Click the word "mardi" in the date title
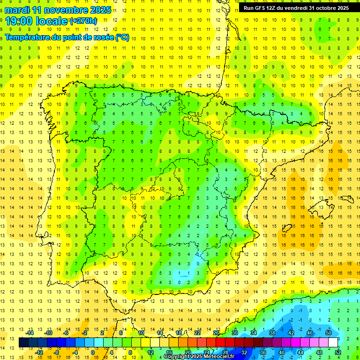tap(17, 10)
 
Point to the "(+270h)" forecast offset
tap(83, 21)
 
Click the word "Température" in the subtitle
tap(27, 37)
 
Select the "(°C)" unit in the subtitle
tap(122, 37)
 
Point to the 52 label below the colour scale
tap(338, 352)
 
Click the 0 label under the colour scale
tap(93, 352)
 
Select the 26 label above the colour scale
tap(216, 333)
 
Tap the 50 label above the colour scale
tap(329, 333)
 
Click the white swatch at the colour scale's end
tap(333, 343)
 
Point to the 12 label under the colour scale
tap(150, 352)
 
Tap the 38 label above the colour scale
tap(272, 333)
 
